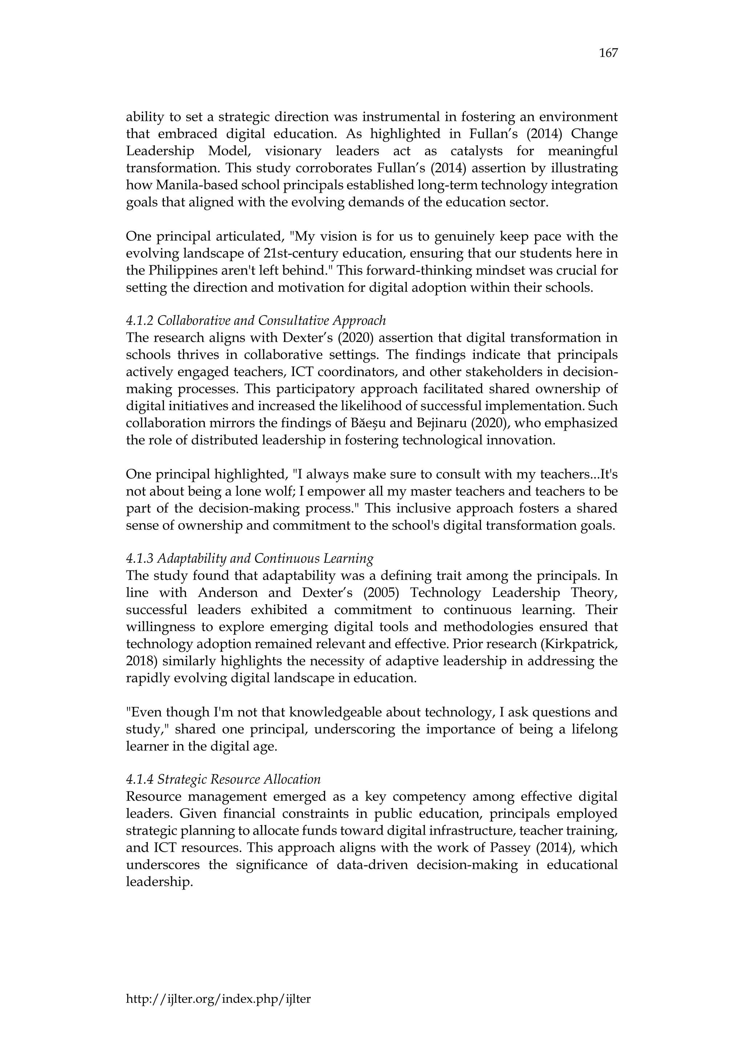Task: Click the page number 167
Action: (x=608, y=53)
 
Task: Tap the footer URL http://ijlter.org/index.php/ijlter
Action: (x=218, y=998)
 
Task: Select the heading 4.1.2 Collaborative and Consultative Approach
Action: (x=256, y=320)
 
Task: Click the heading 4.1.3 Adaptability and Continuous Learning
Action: (x=249, y=559)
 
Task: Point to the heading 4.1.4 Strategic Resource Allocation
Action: (x=223, y=779)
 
